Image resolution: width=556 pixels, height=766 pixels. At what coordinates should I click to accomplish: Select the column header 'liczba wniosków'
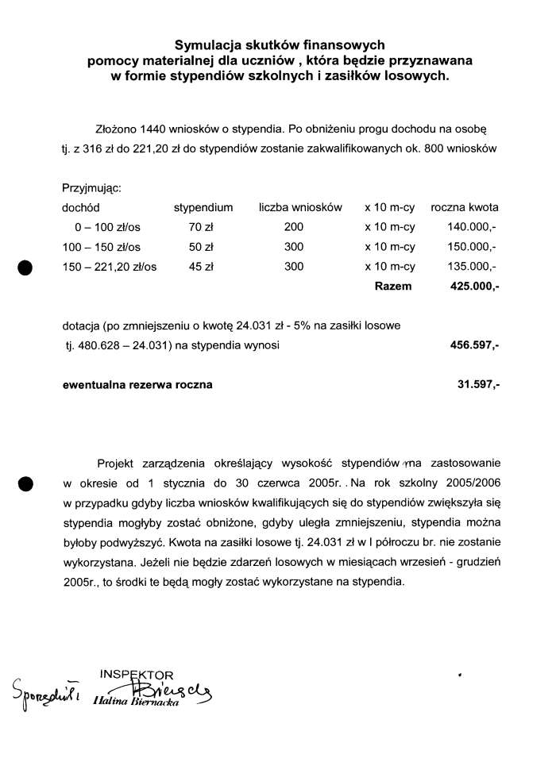click(x=300, y=208)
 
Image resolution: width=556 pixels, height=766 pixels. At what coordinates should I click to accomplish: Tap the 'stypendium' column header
click(x=203, y=208)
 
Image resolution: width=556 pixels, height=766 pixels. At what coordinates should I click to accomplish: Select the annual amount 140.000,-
click(x=473, y=228)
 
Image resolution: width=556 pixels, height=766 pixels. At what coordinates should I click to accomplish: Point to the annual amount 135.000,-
click(x=473, y=267)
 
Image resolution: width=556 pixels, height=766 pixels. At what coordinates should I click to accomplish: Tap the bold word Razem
click(x=393, y=286)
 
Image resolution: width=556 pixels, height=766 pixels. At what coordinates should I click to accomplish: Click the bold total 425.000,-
click(x=474, y=286)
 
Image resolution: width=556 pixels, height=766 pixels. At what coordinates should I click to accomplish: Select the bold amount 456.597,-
click(x=474, y=346)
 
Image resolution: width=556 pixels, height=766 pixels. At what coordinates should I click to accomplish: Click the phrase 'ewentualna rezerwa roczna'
click(x=137, y=385)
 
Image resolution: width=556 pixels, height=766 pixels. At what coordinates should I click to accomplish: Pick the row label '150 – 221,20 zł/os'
click(x=110, y=267)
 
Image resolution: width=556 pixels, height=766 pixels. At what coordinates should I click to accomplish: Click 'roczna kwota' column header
click(x=465, y=208)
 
